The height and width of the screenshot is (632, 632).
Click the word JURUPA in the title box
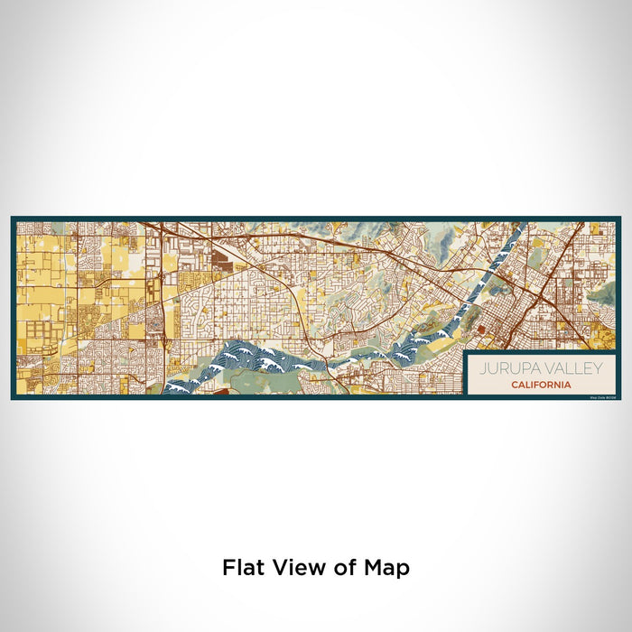tap(504, 368)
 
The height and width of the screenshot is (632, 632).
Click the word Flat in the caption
tap(241, 568)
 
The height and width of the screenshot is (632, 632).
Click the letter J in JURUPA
tap(481, 368)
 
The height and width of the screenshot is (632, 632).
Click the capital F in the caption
tap(228, 568)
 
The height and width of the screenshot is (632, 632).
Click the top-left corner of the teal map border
tap(13, 218)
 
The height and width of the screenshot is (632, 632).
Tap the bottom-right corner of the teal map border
tap(619, 398)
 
